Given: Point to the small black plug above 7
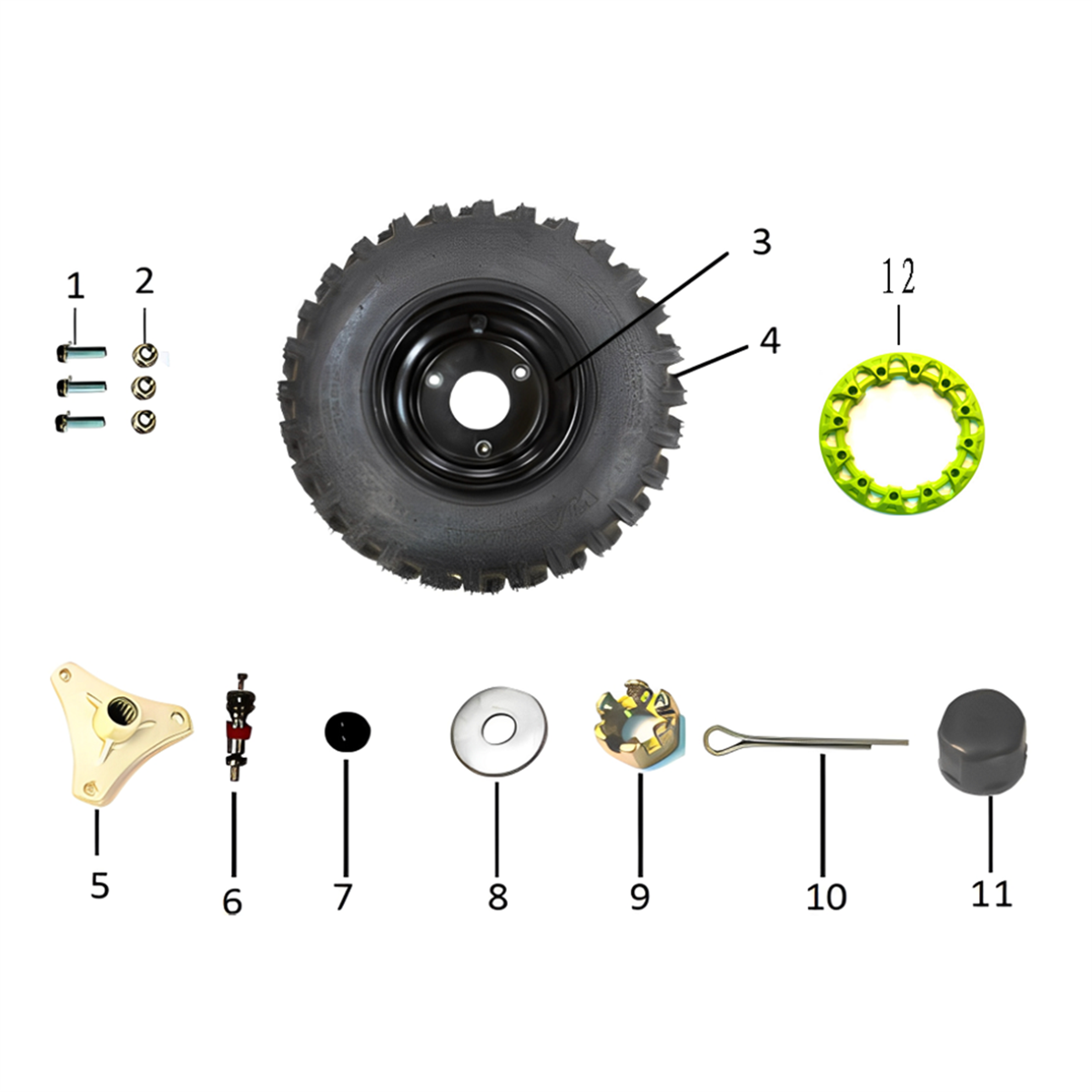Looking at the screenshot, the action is pos(348,731).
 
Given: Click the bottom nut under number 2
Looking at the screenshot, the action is pos(144,421).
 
